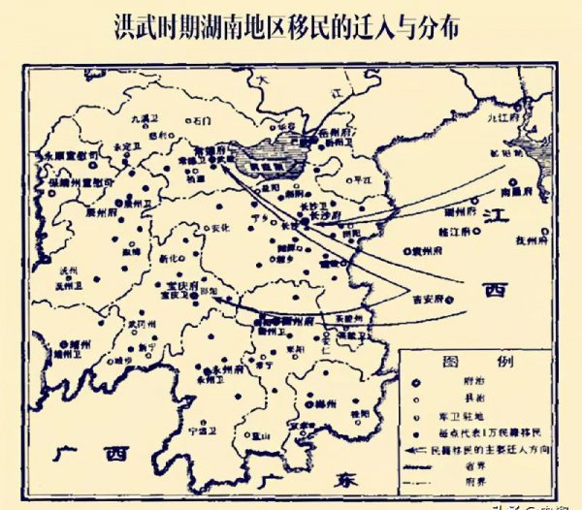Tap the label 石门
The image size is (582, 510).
point(201,122)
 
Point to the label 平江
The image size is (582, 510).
point(363,179)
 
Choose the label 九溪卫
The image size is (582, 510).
point(143,118)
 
